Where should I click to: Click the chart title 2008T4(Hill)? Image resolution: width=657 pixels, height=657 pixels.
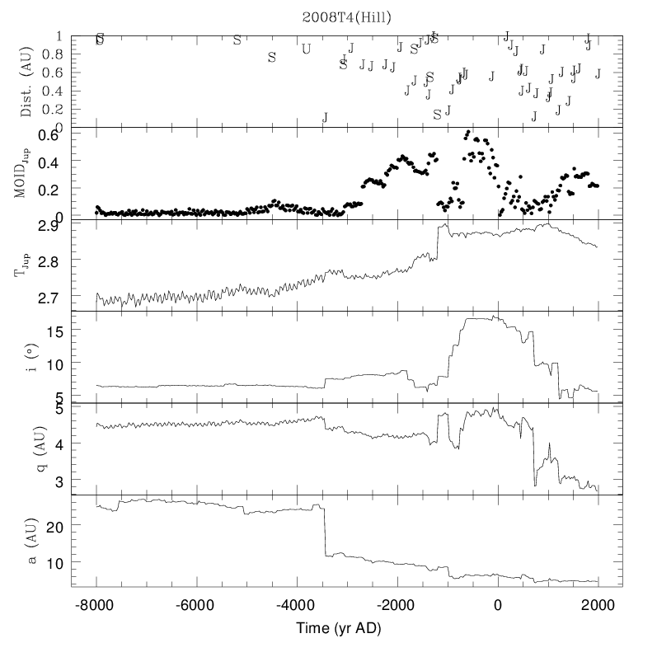click(x=345, y=16)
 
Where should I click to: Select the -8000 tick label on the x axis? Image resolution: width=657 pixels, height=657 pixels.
click(x=96, y=604)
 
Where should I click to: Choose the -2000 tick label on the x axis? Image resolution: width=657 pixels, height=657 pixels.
click(x=397, y=604)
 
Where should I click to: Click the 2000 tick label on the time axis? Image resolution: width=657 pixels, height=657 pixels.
click(x=598, y=604)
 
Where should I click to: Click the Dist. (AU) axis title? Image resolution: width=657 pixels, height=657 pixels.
click(x=26, y=81)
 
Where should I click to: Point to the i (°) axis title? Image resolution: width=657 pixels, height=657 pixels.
click(x=26, y=357)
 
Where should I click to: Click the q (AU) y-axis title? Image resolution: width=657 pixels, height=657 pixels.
click(x=26, y=448)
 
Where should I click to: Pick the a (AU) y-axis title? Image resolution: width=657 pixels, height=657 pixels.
click(x=26, y=541)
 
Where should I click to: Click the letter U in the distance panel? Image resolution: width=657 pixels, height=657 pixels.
click(x=307, y=48)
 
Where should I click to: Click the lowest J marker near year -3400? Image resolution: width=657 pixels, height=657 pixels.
click(x=325, y=117)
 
